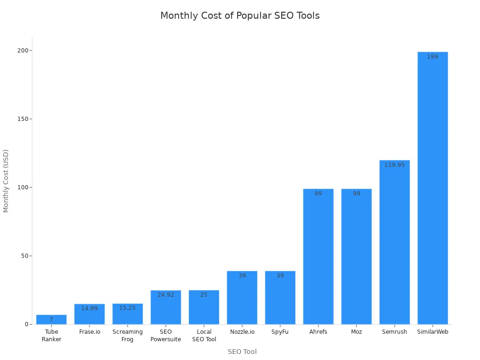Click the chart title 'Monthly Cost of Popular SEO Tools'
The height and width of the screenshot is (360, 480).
pos(240,15)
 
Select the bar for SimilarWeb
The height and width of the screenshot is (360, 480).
pos(432,187)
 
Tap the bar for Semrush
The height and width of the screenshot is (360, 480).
pos(394,242)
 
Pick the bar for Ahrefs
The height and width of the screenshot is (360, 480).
pos(318,256)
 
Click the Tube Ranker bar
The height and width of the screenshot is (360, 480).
pos(51,320)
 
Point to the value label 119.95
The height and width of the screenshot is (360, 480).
pos(394,165)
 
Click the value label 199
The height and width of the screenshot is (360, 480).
pos(432,57)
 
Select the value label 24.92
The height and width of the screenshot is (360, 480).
pos(165,295)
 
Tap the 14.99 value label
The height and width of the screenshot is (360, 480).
pos(89,308)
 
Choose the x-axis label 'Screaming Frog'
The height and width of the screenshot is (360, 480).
pos(127,336)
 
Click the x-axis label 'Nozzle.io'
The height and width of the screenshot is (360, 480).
pos(242,332)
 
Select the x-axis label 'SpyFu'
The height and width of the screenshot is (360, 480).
pos(280,332)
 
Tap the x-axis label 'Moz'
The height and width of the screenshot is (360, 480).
pos(356,332)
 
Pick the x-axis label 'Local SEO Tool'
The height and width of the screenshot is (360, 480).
pos(204,336)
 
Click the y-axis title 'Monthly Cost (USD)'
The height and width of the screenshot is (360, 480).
pos(6,181)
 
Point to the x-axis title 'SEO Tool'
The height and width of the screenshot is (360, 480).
pos(242,352)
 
